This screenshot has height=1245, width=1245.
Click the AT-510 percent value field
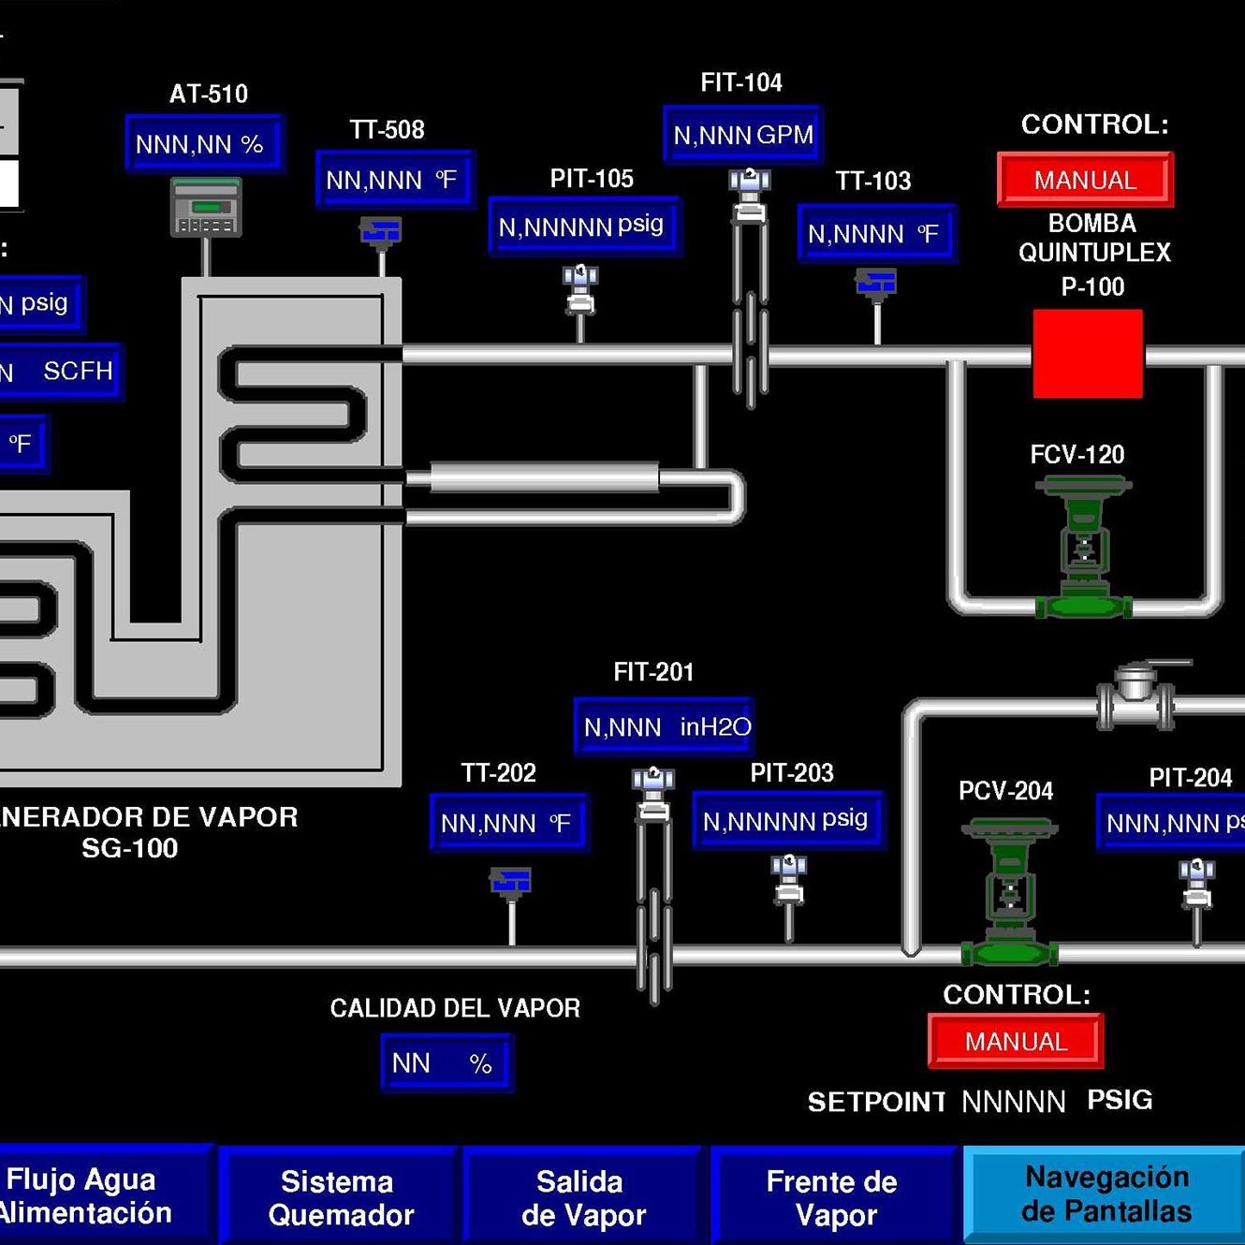(x=204, y=143)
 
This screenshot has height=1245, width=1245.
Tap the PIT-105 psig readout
(x=584, y=226)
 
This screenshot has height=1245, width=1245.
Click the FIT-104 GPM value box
(x=742, y=135)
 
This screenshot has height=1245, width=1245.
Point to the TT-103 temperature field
(x=876, y=233)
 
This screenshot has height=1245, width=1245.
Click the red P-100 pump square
(x=1088, y=354)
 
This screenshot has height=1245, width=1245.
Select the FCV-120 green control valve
(x=1083, y=548)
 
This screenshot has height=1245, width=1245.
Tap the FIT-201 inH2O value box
(x=664, y=726)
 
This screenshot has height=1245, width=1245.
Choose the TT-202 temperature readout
(x=508, y=823)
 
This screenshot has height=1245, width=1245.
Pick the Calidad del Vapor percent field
(x=447, y=1063)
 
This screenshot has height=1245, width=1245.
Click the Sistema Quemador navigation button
(x=339, y=1197)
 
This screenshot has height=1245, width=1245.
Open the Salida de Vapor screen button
(x=582, y=1197)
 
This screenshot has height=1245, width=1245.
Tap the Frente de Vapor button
(x=833, y=1197)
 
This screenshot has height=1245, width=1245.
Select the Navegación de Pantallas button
(x=1105, y=1194)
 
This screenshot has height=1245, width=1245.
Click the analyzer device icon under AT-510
(x=206, y=208)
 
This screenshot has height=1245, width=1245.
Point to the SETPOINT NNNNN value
(x=1013, y=1102)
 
